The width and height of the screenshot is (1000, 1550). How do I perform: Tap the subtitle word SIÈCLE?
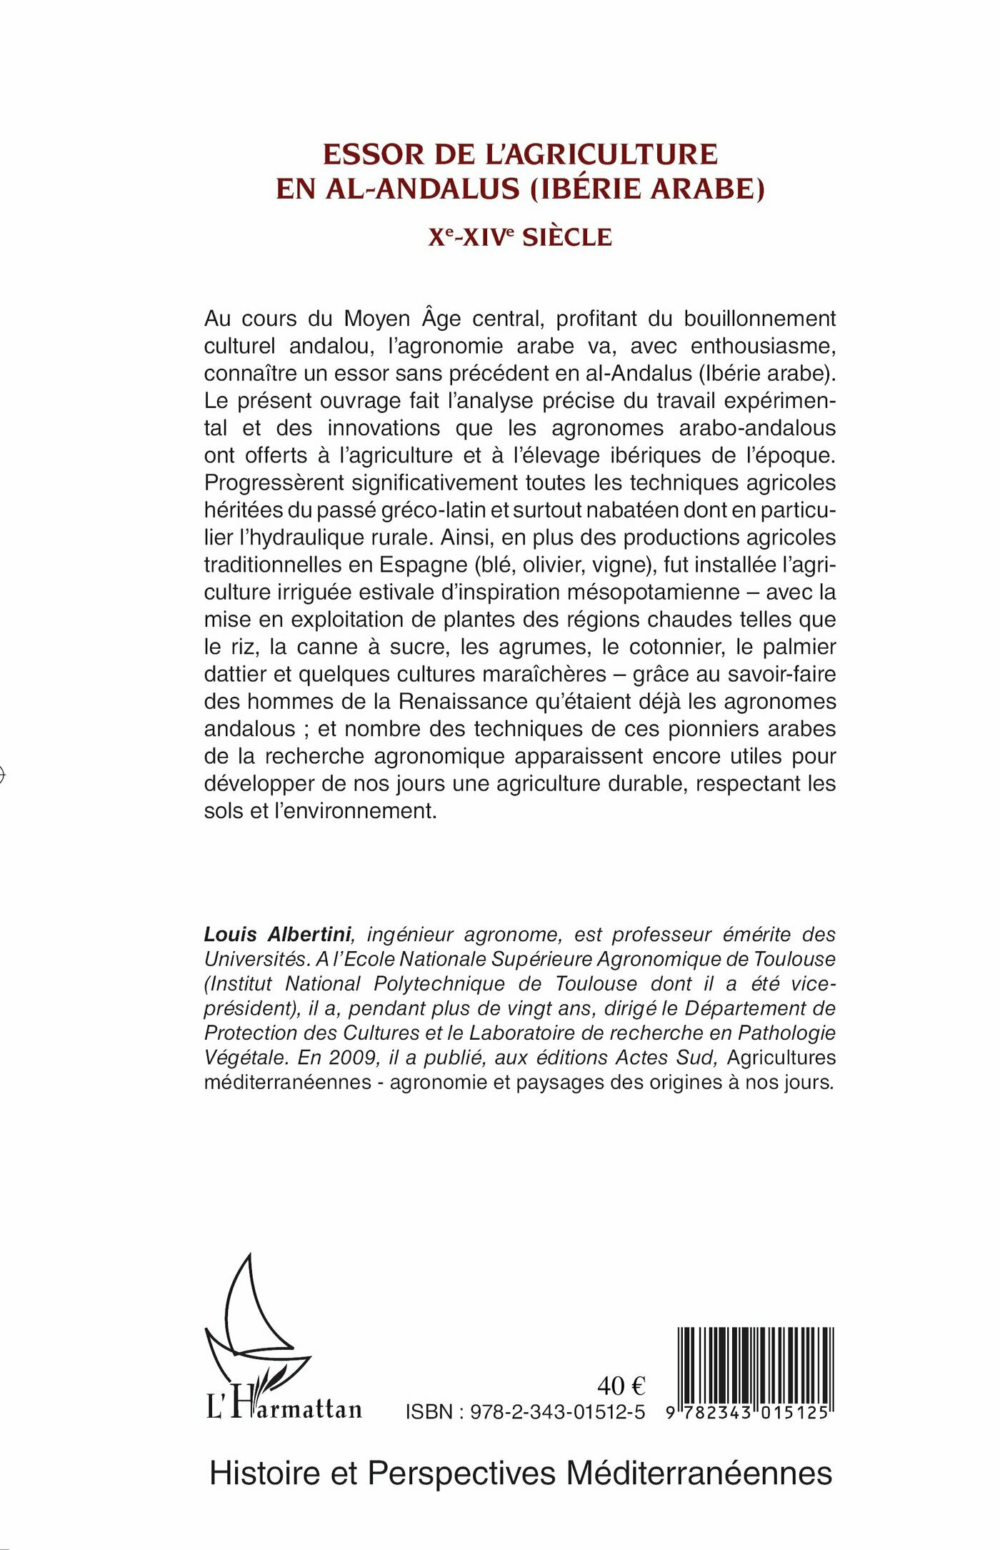point(567,237)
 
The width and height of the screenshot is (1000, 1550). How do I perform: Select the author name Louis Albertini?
point(277,934)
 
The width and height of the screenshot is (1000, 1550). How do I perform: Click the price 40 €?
point(621,1386)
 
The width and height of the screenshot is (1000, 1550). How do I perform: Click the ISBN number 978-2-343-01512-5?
point(557,1412)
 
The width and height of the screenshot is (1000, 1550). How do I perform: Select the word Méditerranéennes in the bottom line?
point(699,1474)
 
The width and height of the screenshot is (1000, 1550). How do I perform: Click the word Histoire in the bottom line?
point(265,1474)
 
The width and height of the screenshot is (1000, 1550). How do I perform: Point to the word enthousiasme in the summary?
point(762,346)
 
